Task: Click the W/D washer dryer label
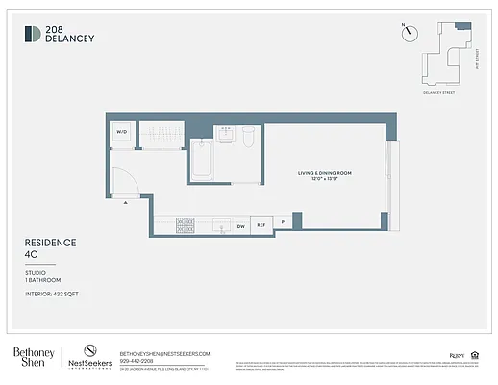click(122, 131)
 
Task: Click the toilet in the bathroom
click(247, 136)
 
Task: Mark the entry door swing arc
click(123, 181)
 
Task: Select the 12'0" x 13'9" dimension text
click(324, 180)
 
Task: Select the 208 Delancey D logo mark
click(33, 35)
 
